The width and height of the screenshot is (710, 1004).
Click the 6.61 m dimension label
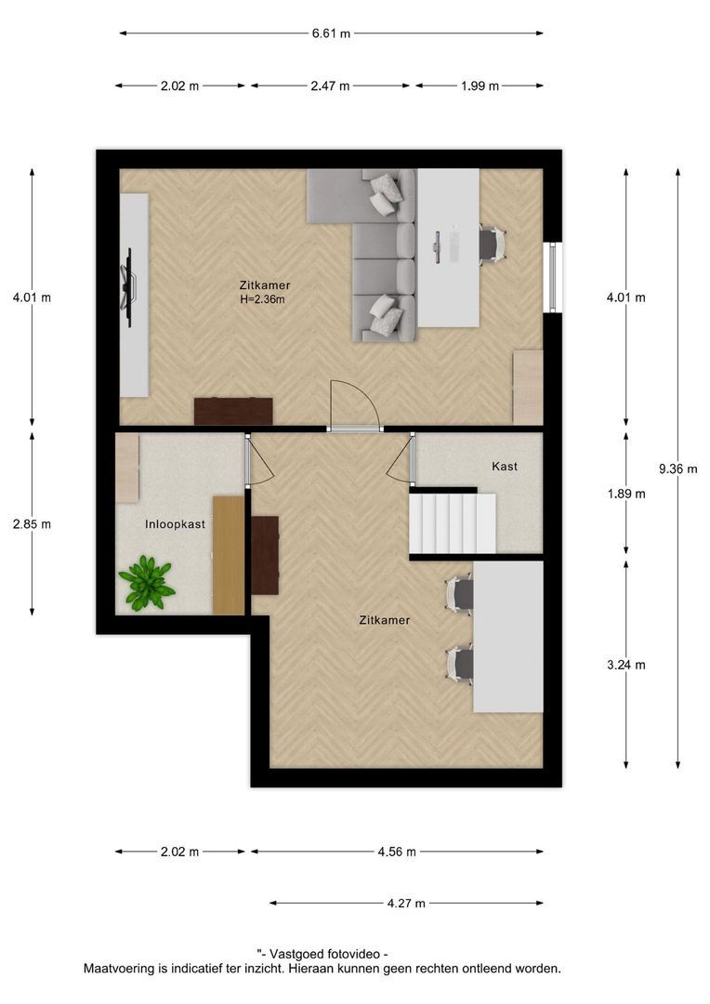[x=331, y=33]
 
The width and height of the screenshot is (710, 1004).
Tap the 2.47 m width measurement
[x=331, y=86]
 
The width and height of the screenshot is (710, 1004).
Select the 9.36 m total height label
[x=677, y=469]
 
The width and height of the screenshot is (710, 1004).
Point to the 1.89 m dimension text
[x=625, y=494]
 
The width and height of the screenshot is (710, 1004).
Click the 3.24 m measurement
[x=625, y=664]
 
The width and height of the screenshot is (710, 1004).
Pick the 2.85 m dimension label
[x=32, y=523]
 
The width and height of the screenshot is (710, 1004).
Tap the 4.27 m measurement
[x=406, y=903]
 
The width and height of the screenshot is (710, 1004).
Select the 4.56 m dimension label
[x=397, y=851]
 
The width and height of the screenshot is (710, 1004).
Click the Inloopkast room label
[x=175, y=524]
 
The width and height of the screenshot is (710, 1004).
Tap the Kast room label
[x=505, y=466]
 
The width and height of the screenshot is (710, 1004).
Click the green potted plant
[x=146, y=583]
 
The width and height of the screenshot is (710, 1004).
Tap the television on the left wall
[x=128, y=281]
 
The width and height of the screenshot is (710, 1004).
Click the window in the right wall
[x=553, y=277]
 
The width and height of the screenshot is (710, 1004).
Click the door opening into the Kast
[x=401, y=458]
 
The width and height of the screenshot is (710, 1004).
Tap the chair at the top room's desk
[x=491, y=244]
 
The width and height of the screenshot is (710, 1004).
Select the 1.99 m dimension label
[x=480, y=86]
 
